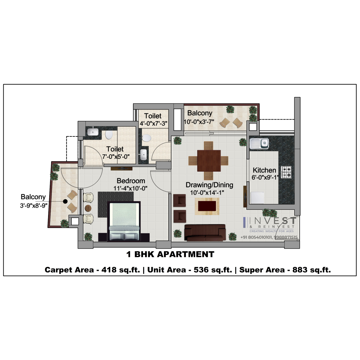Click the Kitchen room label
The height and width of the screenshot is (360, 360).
click(x=264, y=170)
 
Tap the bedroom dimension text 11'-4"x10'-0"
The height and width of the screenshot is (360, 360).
click(x=130, y=188)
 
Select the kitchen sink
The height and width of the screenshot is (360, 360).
click(x=259, y=143)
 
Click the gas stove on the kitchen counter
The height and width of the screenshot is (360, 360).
click(x=287, y=172)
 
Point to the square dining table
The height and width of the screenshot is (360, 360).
click(x=209, y=161)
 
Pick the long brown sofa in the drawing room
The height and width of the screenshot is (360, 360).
click(x=205, y=233)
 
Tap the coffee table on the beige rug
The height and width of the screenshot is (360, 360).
click(x=207, y=206)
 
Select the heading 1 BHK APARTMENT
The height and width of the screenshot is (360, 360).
click(x=170, y=254)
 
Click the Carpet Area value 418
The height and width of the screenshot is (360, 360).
click(x=109, y=270)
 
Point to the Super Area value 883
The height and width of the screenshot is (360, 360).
click(x=300, y=270)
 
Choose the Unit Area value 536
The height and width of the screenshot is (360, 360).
click(x=201, y=270)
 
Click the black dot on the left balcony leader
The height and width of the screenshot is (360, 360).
click(x=65, y=201)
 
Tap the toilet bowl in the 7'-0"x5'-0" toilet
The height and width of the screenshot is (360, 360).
click(x=109, y=135)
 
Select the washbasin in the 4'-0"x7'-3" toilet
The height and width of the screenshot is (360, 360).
click(x=143, y=154)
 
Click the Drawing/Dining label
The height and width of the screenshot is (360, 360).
click(x=210, y=185)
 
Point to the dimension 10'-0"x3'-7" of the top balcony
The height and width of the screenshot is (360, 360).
click(x=199, y=122)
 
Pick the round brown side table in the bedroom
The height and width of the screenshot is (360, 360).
click(x=88, y=208)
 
